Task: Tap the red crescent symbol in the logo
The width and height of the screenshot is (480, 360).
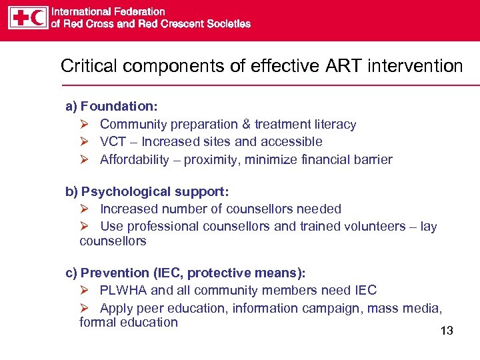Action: pyautogui.click(x=39, y=17)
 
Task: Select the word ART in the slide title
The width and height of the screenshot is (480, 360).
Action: pyautogui.click(x=341, y=66)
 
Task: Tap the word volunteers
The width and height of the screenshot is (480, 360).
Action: pyautogui.click(x=373, y=226)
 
